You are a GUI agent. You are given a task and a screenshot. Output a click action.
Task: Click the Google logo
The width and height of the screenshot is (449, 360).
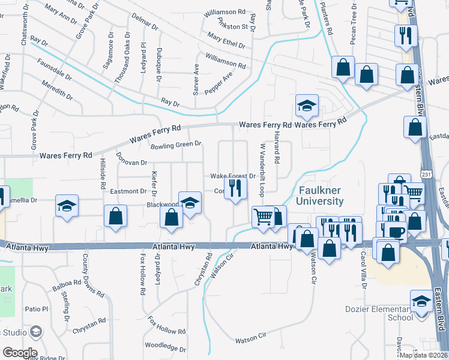[19, 353]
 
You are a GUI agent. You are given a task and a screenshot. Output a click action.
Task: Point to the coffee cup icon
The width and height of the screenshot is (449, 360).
[397, 232]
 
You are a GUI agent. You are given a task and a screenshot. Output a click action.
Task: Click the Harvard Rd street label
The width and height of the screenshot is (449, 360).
[277, 148]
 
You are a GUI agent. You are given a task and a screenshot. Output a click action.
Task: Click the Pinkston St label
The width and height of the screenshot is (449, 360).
[225, 26]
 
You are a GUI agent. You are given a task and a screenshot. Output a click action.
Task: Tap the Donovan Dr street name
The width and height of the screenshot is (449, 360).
[131, 162]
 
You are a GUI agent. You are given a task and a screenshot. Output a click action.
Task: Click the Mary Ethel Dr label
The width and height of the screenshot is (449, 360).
[226, 41]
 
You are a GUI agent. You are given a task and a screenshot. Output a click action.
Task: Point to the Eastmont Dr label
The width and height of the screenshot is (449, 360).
[129, 191]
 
